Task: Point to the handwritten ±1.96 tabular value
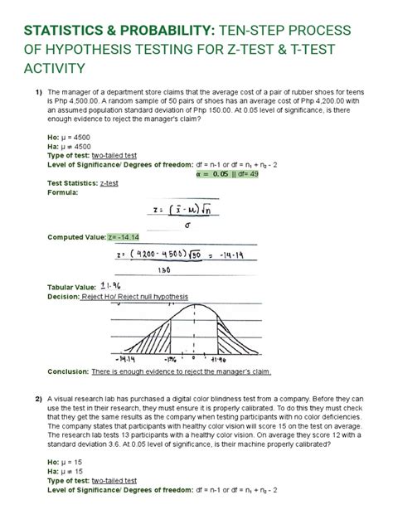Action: [x=111, y=286]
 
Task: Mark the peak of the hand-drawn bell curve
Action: [x=193, y=306]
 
